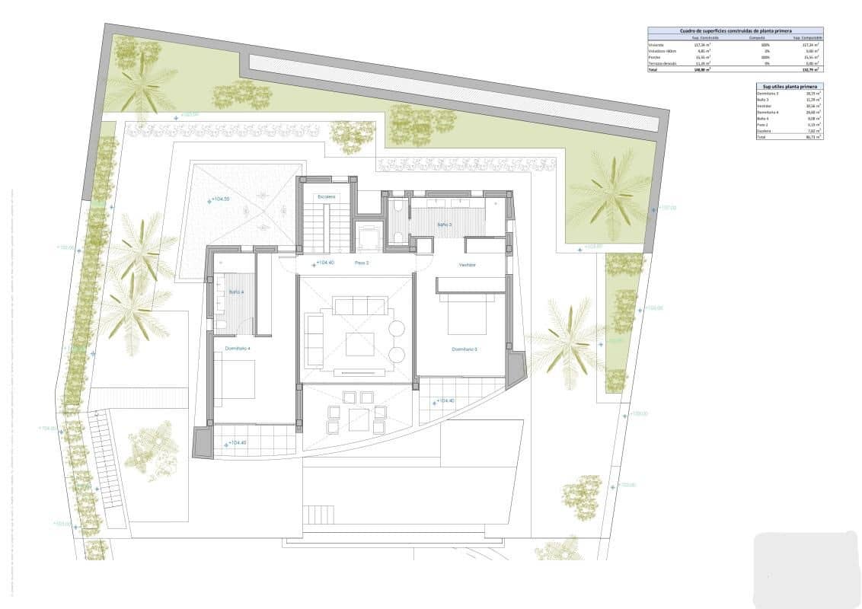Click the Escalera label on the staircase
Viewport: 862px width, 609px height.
coord(327,197)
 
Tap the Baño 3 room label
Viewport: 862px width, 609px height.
coord(444,225)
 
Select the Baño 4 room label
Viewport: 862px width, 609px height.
coord(235,292)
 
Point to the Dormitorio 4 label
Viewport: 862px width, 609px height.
coord(237,349)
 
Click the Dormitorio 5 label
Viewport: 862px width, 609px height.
coord(464,349)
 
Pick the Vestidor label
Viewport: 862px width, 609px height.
coord(467,265)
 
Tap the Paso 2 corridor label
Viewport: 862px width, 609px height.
coord(362,263)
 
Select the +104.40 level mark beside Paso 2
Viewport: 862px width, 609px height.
coord(323,263)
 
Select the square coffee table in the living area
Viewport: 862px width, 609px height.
coord(359,344)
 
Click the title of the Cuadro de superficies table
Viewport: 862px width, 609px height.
coord(735,31)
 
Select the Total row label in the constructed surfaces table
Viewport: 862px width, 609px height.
coord(653,69)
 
